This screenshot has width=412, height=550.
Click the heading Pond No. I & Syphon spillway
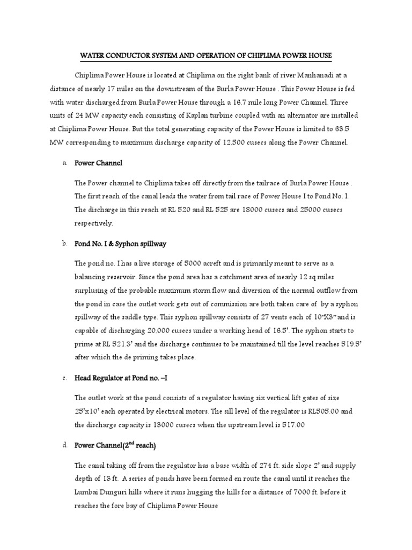point(120,244)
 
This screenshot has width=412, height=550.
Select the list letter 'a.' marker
point(64,163)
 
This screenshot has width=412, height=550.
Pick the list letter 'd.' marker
point(64,445)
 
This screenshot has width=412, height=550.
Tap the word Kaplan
point(207,115)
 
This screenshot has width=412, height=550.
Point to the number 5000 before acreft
point(194,264)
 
